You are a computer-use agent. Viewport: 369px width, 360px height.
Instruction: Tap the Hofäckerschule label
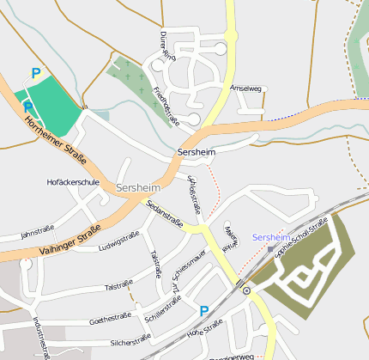point(73,182)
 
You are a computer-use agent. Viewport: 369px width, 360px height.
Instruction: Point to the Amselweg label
point(245,88)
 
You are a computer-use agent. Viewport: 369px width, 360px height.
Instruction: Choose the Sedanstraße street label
point(164,214)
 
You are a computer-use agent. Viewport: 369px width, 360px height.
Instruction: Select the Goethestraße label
point(110,319)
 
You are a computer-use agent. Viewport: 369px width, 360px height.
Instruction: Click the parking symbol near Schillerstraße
point(204,311)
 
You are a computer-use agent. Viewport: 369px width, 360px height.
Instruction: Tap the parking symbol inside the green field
point(27,107)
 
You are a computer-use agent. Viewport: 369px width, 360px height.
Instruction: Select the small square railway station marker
point(270,249)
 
